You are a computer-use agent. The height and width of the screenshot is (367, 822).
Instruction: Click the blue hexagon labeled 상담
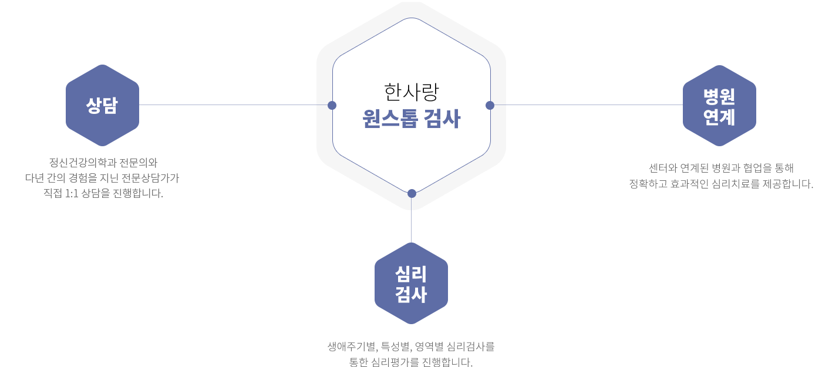(102, 105)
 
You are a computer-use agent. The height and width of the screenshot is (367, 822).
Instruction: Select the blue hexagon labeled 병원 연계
(719, 106)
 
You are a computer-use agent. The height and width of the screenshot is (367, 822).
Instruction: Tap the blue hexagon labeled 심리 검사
(411, 283)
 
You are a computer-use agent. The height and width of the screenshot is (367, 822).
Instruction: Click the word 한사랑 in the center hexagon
(411, 92)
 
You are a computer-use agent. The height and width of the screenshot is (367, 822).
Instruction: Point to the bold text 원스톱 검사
(411, 119)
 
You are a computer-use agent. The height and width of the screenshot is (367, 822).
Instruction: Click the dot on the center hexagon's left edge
(332, 105)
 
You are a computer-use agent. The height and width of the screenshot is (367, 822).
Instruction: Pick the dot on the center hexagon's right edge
(490, 105)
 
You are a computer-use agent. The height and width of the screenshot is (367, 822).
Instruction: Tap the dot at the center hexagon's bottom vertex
(412, 193)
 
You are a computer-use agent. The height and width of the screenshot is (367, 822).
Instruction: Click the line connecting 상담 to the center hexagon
(234, 105)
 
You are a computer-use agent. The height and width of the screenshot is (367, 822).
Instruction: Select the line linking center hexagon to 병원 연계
(588, 105)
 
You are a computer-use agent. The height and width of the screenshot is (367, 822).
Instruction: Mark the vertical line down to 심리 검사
(412, 220)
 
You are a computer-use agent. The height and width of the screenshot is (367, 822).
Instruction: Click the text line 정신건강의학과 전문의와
(103, 163)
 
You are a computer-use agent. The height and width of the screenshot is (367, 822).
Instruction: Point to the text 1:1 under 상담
(72, 193)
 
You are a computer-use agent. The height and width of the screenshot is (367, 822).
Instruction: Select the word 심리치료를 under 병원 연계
(735, 183)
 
